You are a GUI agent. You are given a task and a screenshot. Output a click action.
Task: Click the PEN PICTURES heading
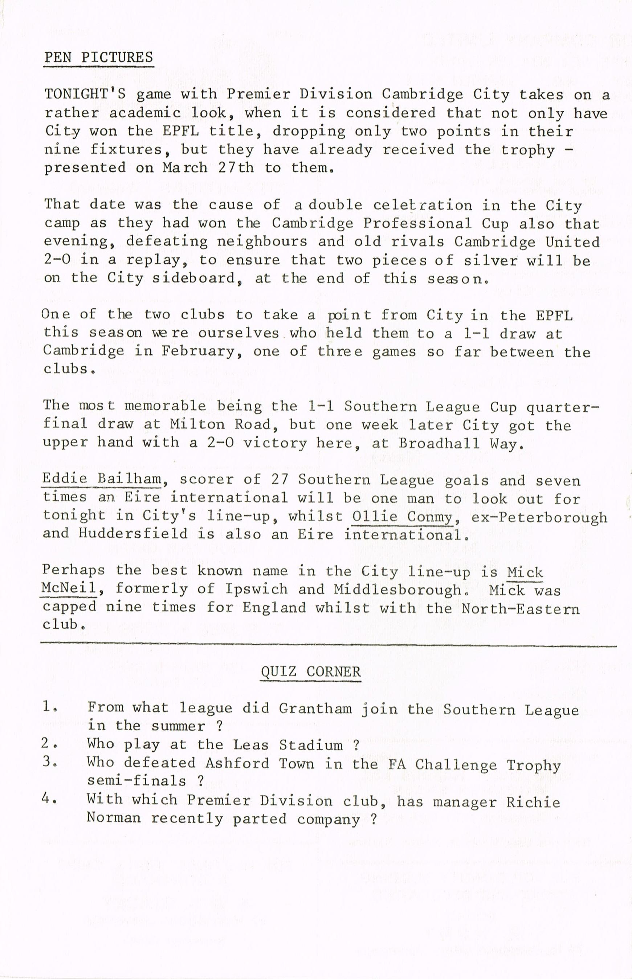click(x=98, y=57)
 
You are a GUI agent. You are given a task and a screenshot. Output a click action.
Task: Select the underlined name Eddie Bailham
click(x=102, y=479)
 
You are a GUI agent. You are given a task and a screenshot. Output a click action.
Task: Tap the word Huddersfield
click(x=133, y=534)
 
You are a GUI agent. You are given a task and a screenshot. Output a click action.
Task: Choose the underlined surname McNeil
click(x=69, y=589)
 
